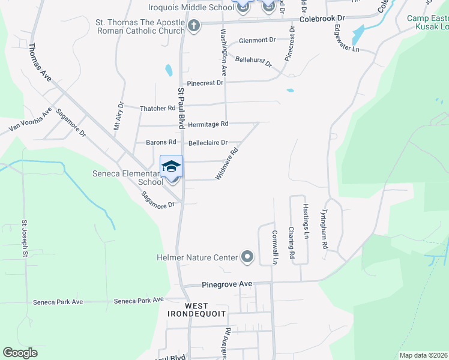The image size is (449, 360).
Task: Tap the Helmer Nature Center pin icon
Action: click(x=247, y=257)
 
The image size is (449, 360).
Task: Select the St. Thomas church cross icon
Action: click(x=193, y=26)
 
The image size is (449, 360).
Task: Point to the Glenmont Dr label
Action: click(x=257, y=40)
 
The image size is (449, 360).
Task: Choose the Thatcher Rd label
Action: click(x=157, y=109)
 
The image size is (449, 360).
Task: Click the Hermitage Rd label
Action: click(x=208, y=124)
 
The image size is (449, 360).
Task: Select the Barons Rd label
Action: click(x=161, y=143)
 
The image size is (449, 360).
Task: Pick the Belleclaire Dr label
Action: click(x=208, y=143)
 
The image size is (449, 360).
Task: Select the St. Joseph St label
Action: click(x=25, y=239)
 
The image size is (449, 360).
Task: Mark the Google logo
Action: click(x=20, y=353)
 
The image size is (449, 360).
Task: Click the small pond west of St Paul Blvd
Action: click(x=169, y=71)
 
